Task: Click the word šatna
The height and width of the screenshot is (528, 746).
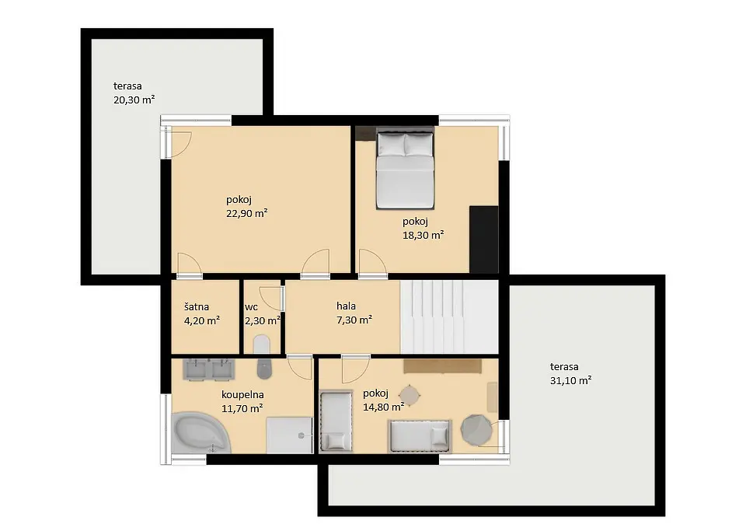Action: [x=196, y=306]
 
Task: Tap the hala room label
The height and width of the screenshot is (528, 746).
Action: [x=346, y=306]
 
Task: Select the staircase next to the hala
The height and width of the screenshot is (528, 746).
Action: [x=449, y=316]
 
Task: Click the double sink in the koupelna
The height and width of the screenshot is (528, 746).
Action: [x=209, y=370]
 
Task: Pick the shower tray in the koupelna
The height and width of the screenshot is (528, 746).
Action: [x=289, y=435]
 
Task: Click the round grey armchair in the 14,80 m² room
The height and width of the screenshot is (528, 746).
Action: [x=476, y=430]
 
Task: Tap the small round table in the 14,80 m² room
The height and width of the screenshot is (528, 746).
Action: [x=410, y=395]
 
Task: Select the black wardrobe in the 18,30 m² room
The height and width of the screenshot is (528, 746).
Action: [x=484, y=240]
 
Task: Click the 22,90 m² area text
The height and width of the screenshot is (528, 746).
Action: [x=246, y=213]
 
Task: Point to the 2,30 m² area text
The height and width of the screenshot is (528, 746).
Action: [x=262, y=320]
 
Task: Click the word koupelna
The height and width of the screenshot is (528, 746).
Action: [x=242, y=395]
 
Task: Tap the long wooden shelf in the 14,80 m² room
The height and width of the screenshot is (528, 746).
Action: [x=442, y=365]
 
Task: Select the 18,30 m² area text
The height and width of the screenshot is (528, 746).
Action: [x=423, y=235]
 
